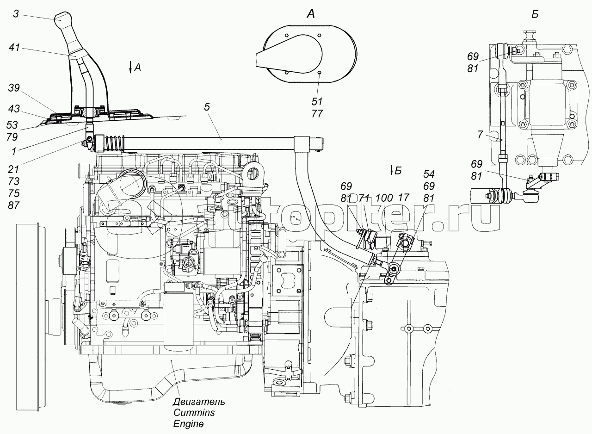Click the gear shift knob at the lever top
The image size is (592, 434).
tap(64, 20)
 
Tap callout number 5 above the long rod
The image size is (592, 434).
tap(207, 107)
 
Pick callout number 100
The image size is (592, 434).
tap(384, 197)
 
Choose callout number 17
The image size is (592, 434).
tap(404, 197)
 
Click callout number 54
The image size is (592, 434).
tap(429, 174)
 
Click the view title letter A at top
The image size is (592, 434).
tap(311, 14)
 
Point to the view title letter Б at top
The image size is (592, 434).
tap(535, 14)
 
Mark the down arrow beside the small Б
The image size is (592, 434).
tap(392, 170)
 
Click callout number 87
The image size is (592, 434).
tap(13, 205)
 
